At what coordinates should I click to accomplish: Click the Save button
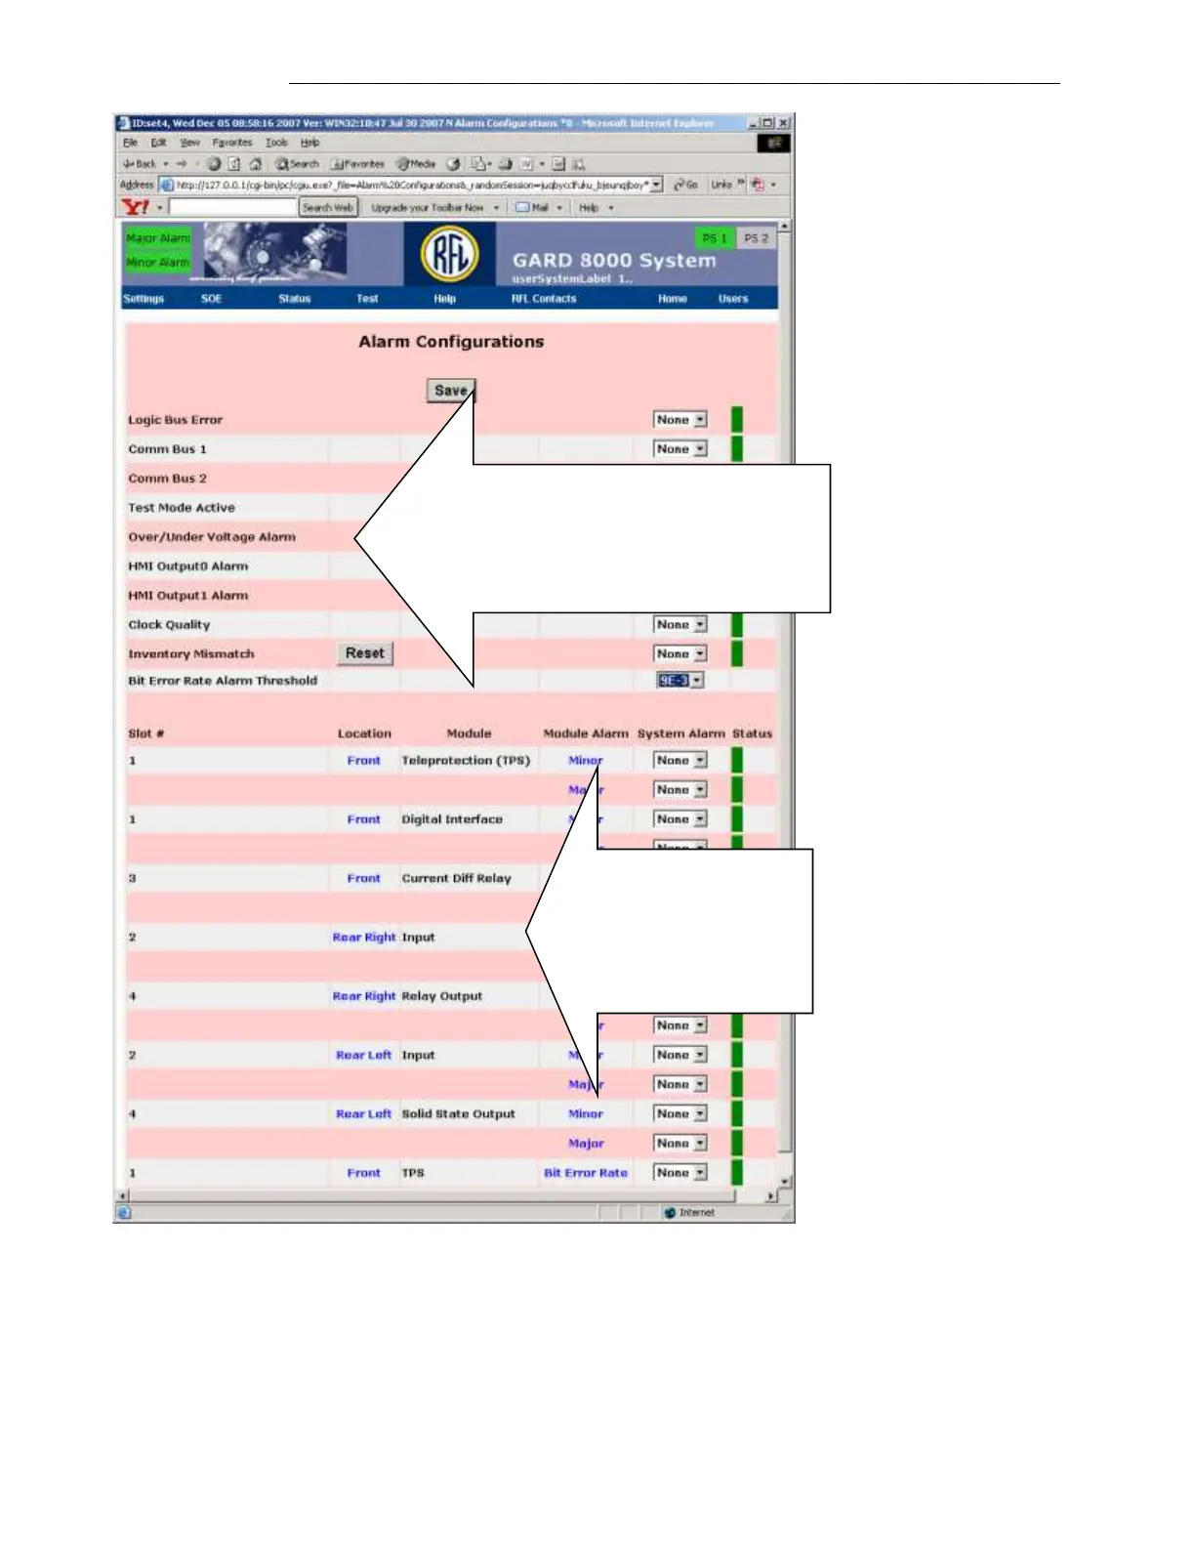(450, 391)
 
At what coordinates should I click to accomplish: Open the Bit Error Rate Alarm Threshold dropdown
(680, 681)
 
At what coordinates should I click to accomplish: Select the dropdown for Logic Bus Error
(680, 420)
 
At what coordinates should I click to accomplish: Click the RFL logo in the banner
(449, 254)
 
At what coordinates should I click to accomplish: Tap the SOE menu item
(211, 299)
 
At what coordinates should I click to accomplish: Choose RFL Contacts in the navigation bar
(544, 299)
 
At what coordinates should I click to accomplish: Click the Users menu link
(733, 299)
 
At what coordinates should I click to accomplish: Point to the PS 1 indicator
(715, 238)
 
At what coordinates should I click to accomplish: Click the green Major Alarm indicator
(157, 238)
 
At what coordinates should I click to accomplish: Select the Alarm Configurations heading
(451, 342)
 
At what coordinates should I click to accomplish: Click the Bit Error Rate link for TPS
(586, 1173)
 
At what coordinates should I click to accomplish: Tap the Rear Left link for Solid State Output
(363, 1114)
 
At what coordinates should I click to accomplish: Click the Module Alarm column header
(586, 733)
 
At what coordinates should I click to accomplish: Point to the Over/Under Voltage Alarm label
(212, 537)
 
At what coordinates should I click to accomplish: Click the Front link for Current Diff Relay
(363, 879)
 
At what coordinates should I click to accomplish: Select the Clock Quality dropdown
(680, 625)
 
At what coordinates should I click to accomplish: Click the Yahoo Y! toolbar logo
(135, 207)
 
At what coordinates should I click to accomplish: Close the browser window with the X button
(783, 123)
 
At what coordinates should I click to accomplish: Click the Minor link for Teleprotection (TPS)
(584, 761)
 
